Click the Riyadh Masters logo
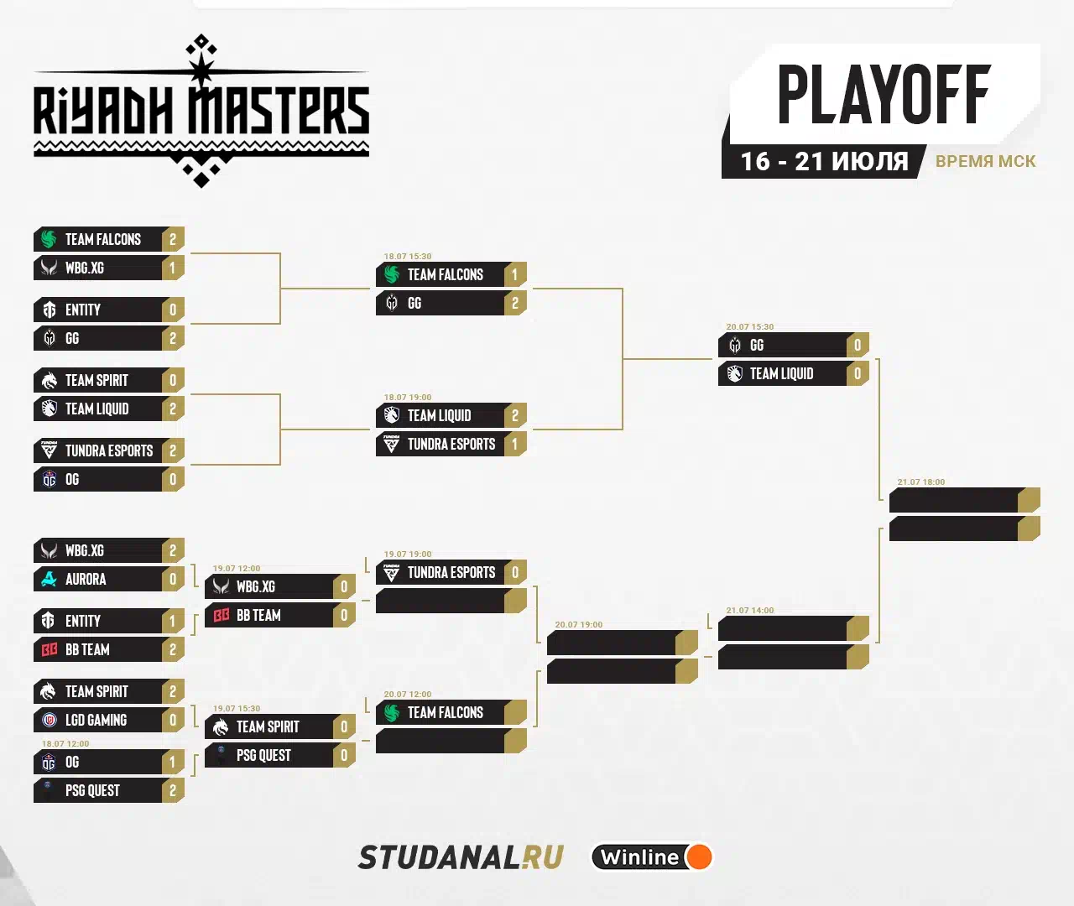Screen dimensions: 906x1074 point(201,112)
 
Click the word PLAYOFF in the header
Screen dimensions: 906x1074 point(884,95)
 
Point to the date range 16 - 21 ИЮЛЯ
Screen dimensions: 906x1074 point(824,161)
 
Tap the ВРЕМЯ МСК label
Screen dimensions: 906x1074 point(985,161)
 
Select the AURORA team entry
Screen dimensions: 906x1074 point(86,580)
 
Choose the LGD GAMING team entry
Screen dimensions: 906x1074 point(96,721)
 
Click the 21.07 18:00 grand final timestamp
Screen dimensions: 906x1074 point(920,482)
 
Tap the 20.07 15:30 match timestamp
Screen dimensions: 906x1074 point(749,327)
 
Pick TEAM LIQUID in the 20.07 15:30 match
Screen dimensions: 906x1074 point(781,374)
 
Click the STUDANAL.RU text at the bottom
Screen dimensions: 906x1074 point(461,857)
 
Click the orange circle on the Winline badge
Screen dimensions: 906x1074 point(698,857)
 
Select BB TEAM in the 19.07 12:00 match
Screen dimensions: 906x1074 point(258,616)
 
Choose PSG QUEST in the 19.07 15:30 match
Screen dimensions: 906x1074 point(263,756)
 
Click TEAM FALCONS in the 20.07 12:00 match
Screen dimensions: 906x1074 point(445,713)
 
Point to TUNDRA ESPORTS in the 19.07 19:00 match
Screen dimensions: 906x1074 point(451,573)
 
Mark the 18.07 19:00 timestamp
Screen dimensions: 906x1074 point(407,398)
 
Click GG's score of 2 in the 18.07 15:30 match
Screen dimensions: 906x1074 point(515,304)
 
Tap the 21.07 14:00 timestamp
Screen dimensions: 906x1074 point(749,611)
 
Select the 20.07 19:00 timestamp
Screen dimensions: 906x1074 point(578,625)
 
